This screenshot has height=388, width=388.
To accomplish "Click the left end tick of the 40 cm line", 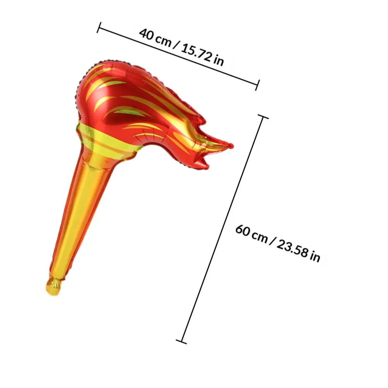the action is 99,27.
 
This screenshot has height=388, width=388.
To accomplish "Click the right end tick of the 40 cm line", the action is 258,85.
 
